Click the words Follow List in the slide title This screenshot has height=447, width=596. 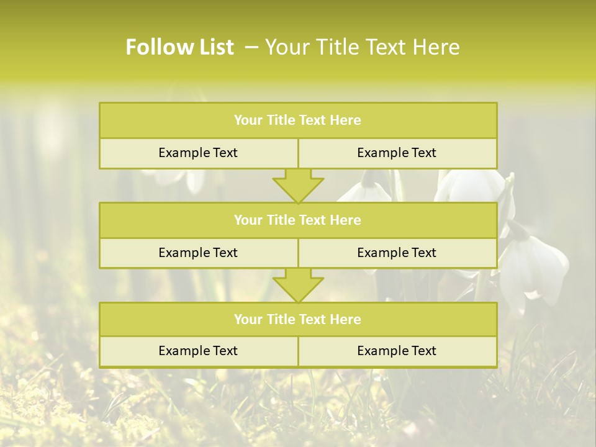tap(179, 47)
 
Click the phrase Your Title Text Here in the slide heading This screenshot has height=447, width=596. tap(362, 47)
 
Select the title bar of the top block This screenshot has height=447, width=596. tap(298, 120)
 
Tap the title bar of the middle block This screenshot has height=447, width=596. tap(298, 220)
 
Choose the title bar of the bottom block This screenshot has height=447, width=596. tap(298, 319)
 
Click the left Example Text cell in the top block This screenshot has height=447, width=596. tap(198, 153)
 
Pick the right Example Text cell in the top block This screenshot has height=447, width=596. tap(397, 153)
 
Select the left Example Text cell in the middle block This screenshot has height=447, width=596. tap(198, 253)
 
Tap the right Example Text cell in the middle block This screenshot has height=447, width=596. tap(397, 253)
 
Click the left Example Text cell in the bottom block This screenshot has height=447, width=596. tap(198, 351)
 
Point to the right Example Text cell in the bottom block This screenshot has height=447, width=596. tap(397, 351)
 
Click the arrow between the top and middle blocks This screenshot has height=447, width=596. tap(298, 185)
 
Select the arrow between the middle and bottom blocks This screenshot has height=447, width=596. tap(298, 285)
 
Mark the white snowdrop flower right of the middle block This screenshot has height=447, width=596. tap(534, 267)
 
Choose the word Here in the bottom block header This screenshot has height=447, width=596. tap(345, 319)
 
